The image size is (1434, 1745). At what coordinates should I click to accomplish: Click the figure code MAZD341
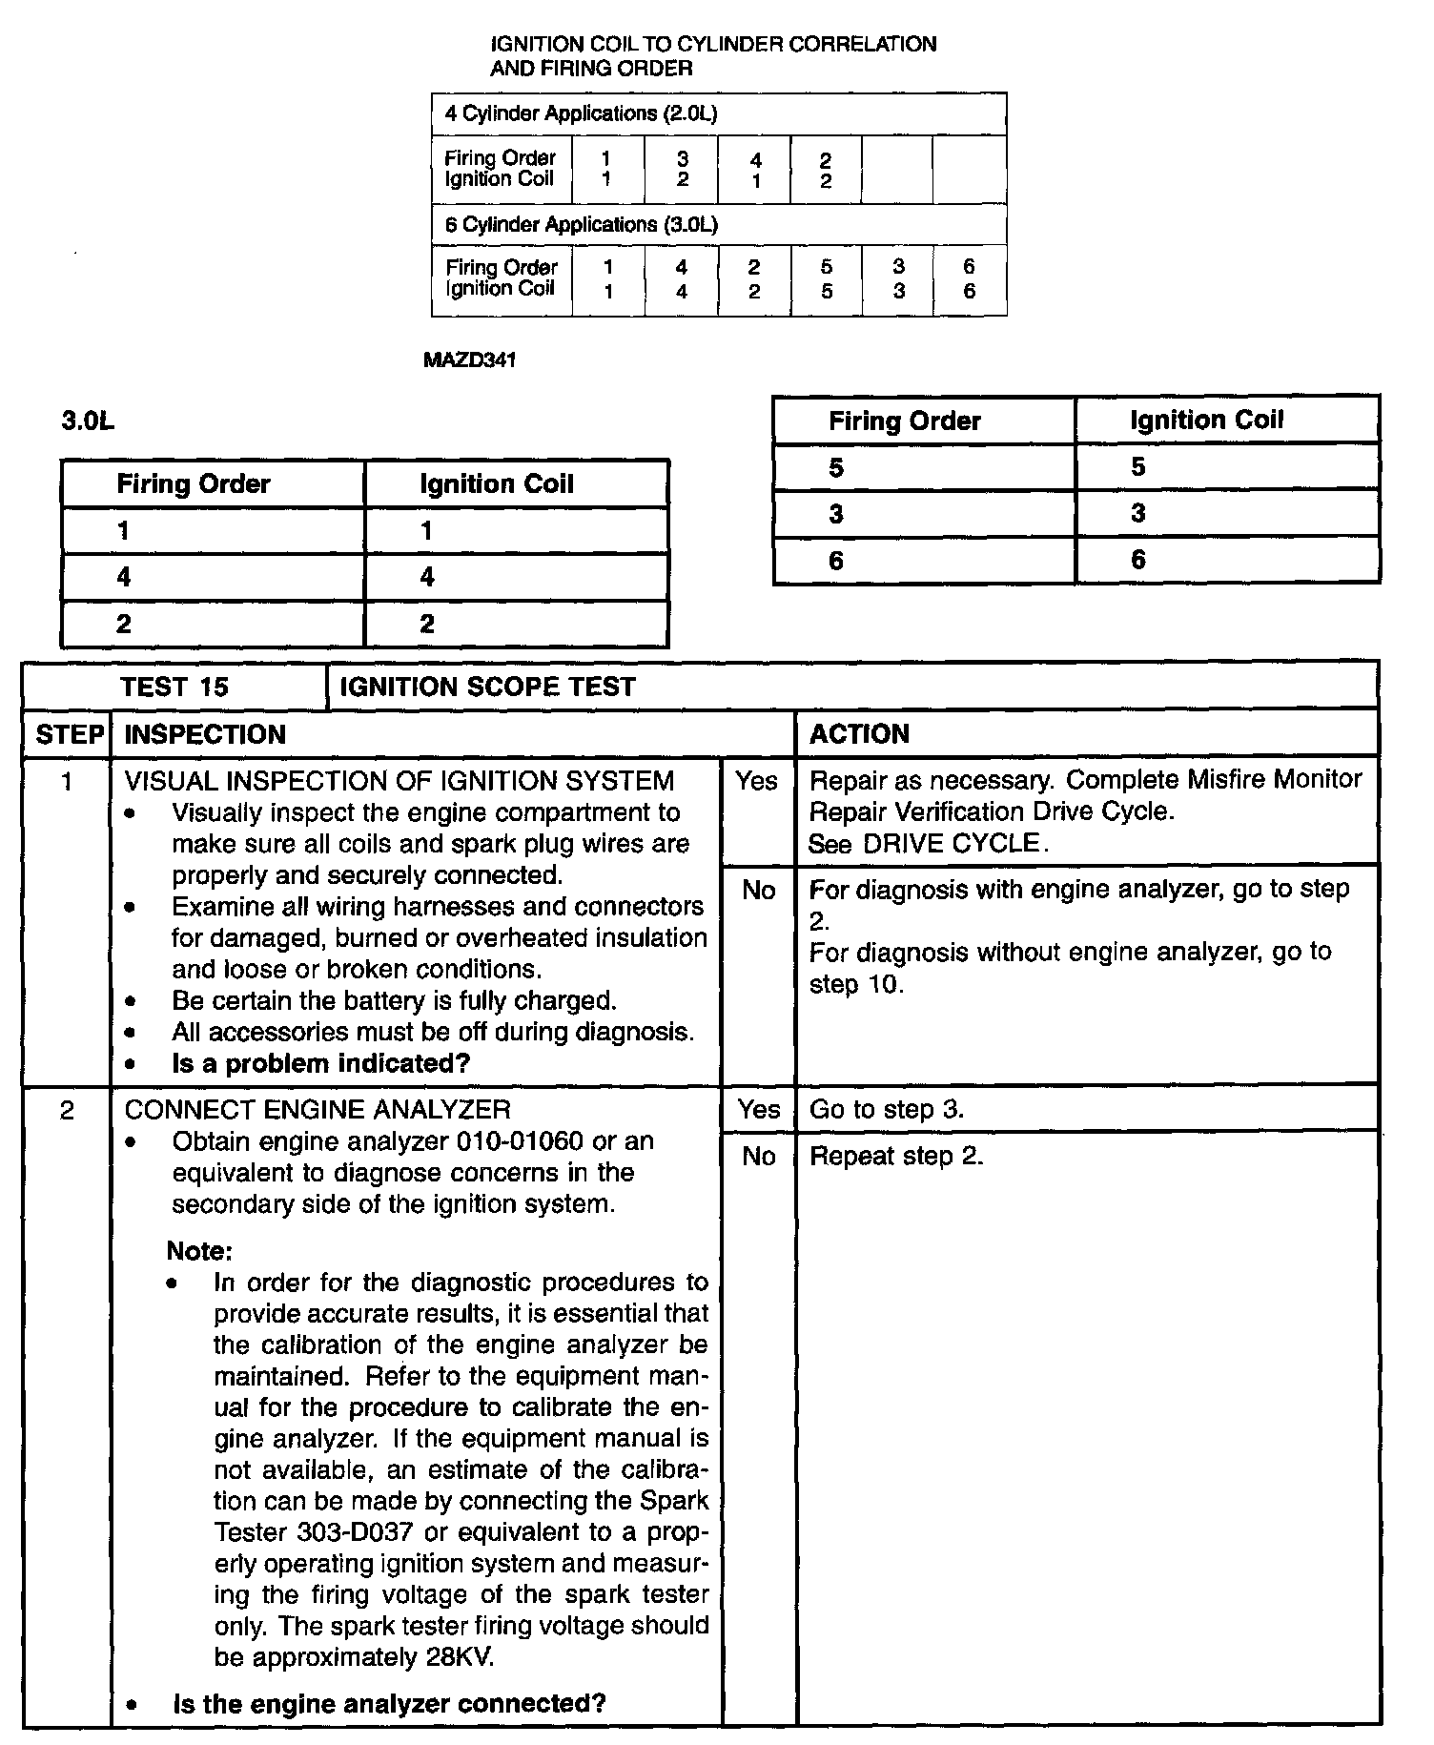tap(468, 360)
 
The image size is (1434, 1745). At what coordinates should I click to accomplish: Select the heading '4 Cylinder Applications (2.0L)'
tap(580, 113)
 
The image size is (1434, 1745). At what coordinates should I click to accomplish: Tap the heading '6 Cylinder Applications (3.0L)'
tap(581, 225)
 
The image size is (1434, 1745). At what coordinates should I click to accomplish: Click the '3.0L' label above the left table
tap(88, 421)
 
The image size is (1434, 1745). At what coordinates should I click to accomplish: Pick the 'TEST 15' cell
tap(174, 688)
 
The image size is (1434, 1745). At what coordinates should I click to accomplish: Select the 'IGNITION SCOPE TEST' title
tap(487, 688)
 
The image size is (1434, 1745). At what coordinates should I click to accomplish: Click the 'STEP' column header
tap(69, 734)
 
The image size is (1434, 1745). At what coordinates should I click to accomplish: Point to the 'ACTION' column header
tap(859, 734)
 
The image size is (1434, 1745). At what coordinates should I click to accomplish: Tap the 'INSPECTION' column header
tap(205, 734)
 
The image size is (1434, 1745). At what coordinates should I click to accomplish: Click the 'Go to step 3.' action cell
tap(887, 1110)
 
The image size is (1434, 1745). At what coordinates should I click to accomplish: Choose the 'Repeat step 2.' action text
tap(896, 1157)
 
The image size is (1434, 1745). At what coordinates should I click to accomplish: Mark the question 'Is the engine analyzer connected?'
tap(389, 1703)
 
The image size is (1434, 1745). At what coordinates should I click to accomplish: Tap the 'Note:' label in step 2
tap(199, 1250)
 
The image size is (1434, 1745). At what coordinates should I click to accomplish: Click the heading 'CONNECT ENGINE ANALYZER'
tap(318, 1110)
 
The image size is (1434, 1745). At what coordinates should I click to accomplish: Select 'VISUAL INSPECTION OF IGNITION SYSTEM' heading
tap(399, 781)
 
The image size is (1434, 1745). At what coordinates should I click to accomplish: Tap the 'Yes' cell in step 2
tap(759, 1110)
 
